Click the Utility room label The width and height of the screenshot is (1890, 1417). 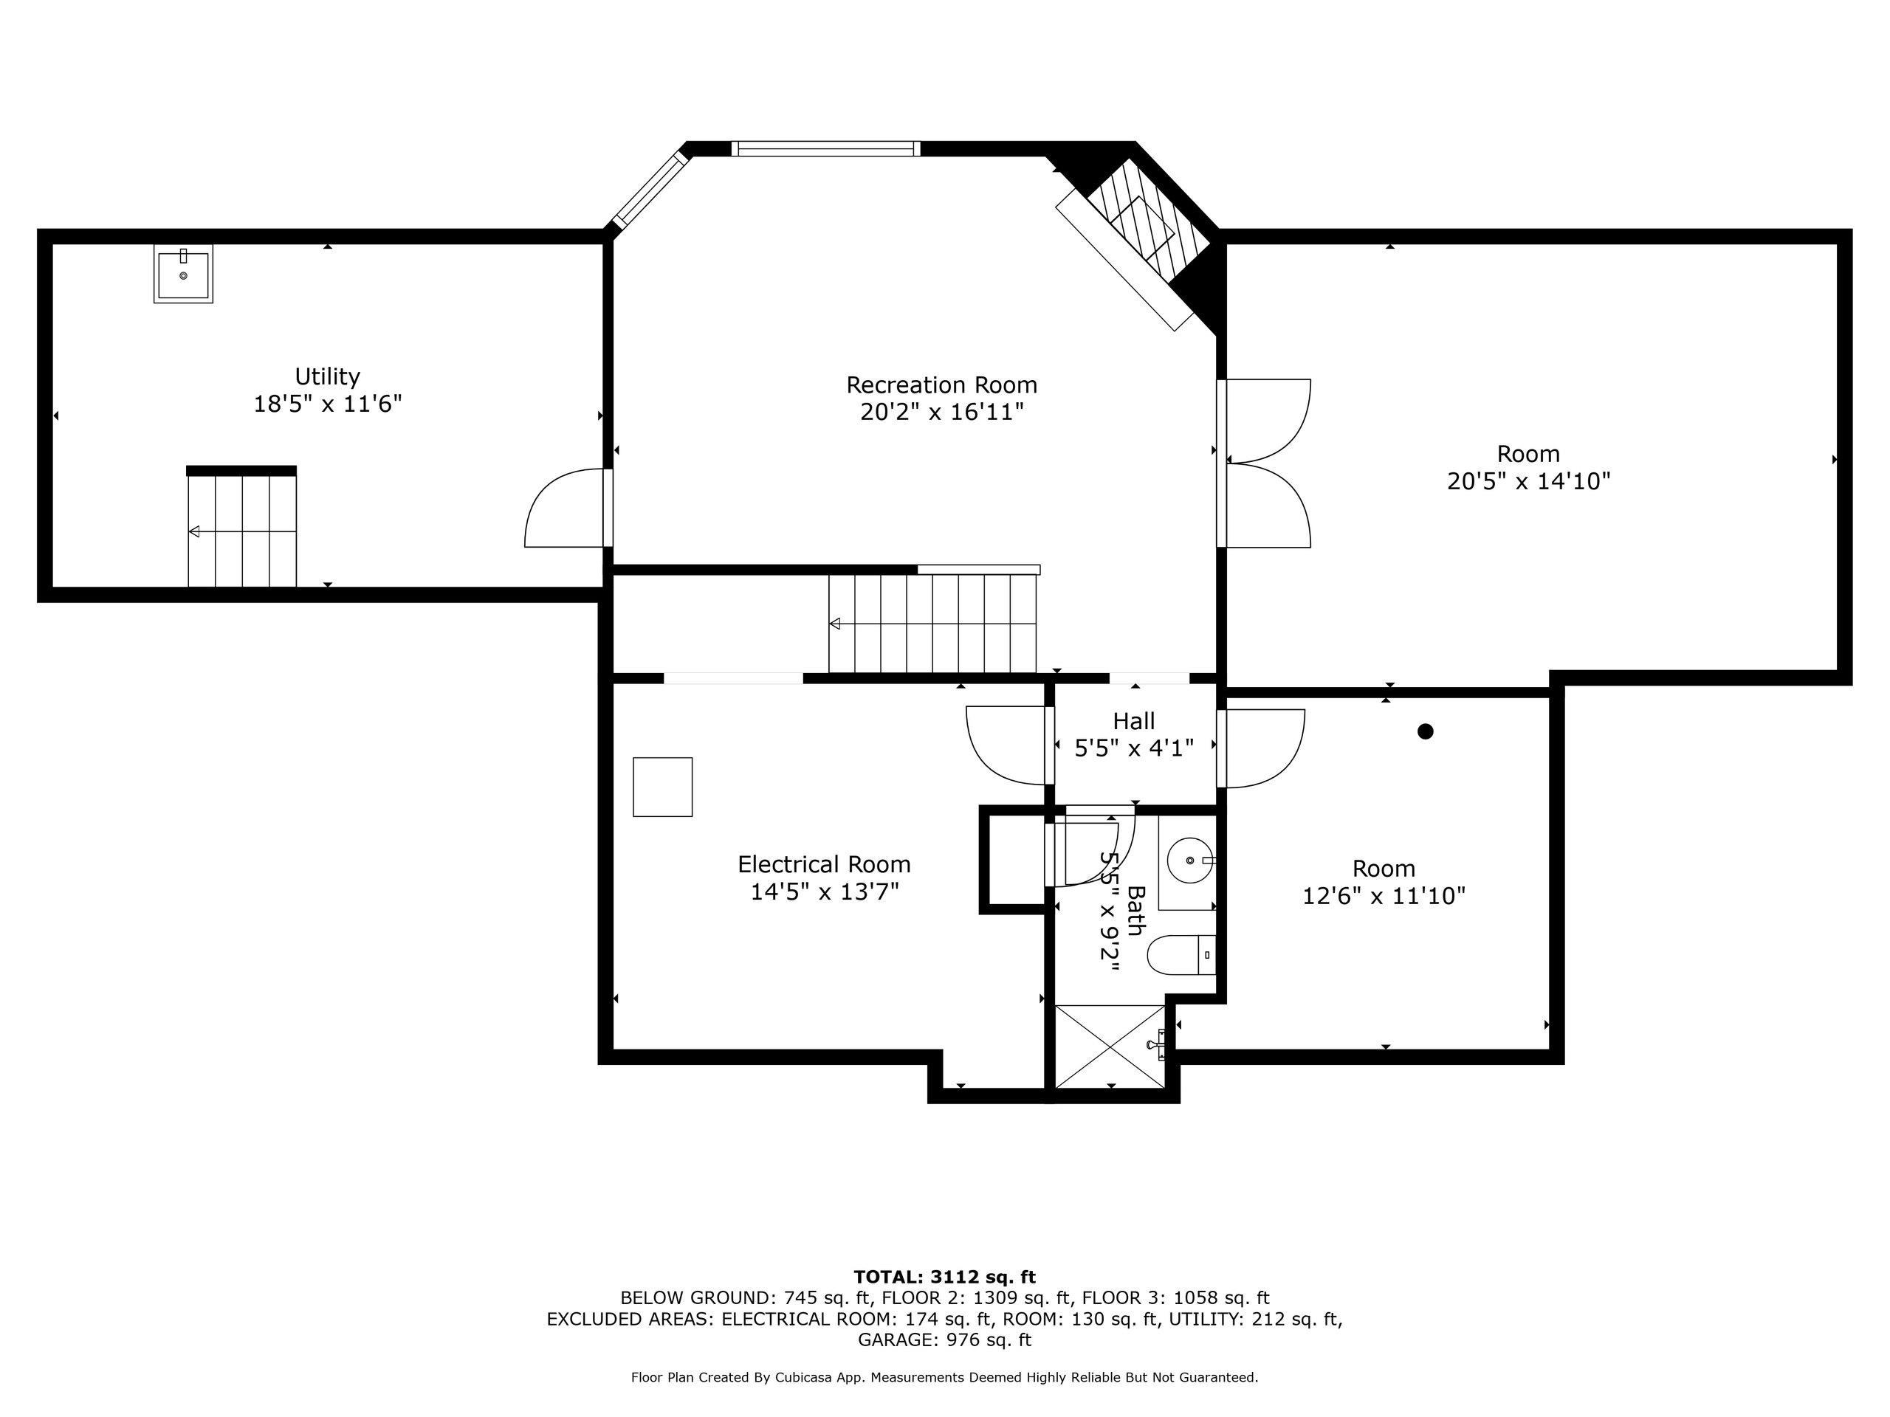327,376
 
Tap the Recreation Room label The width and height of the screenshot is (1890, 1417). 941,385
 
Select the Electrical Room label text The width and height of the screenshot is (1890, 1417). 825,864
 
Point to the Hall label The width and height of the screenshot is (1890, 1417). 1134,721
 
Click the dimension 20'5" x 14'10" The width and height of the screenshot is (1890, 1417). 1528,482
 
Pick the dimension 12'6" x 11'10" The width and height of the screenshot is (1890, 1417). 1384,896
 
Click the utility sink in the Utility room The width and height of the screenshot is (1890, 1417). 183,275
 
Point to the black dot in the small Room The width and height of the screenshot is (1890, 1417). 1425,731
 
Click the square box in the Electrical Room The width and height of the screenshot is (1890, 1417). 662,787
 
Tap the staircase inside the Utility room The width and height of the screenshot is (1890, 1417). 242,527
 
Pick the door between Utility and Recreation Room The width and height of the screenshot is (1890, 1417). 568,507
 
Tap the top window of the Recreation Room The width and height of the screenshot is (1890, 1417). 826,148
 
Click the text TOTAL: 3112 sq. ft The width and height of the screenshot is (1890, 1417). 944,1277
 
